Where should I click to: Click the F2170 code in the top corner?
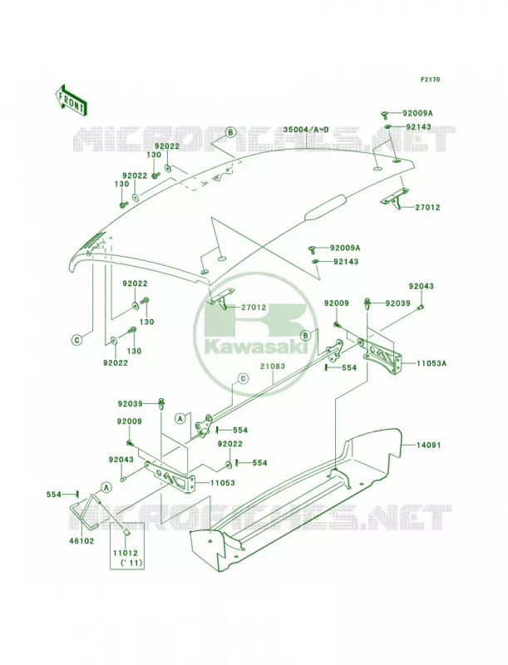[x=430, y=79]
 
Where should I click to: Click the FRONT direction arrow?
[x=71, y=100]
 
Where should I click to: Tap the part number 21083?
[x=274, y=366]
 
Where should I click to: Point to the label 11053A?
[x=432, y=363]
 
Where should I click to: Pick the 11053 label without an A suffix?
[x=222, y=483]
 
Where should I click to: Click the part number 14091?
[x=428, y=445]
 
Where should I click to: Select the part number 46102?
[x=81, y=541]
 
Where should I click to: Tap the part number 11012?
[x=126, y=554]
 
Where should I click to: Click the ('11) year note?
[x=126, y=563]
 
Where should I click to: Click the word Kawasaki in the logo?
[x=257, y=347]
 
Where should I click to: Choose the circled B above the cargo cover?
[x=230, y=132]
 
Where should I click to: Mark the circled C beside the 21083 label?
[x=243, y=378]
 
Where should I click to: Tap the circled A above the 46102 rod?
[x=106, y=487]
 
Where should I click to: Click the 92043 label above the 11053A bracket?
[x=421, y=286]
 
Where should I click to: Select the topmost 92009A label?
[x=417, y=113]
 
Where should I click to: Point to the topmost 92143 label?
[x=418, y=127]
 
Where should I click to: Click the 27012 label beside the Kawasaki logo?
[x=254, y=307]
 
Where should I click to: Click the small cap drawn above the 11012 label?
[x=126, y=530]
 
